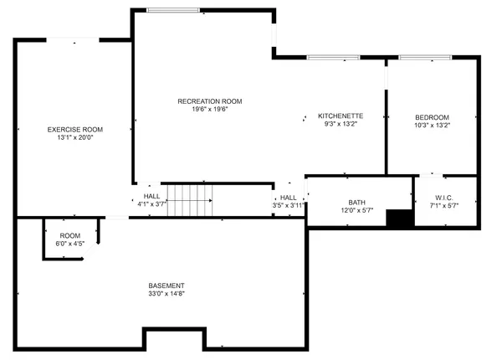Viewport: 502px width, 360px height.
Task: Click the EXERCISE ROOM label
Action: click(75, 130)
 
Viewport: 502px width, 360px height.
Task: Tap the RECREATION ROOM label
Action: click(203, 101)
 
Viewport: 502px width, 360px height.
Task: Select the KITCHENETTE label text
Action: click(340, 116)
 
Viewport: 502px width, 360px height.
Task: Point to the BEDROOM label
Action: click(432, 116)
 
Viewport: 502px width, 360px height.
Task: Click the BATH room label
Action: click(356, 203)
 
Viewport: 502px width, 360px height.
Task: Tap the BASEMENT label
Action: click(167, 285)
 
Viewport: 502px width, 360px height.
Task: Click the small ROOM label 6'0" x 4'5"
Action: click(70, 235)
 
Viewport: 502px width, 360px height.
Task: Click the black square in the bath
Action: click(400, 218)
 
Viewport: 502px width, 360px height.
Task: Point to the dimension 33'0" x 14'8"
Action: click(167, 295)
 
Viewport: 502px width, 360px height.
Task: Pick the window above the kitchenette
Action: click(327, 57)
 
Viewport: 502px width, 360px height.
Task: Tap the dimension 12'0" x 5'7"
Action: click(356, 211)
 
